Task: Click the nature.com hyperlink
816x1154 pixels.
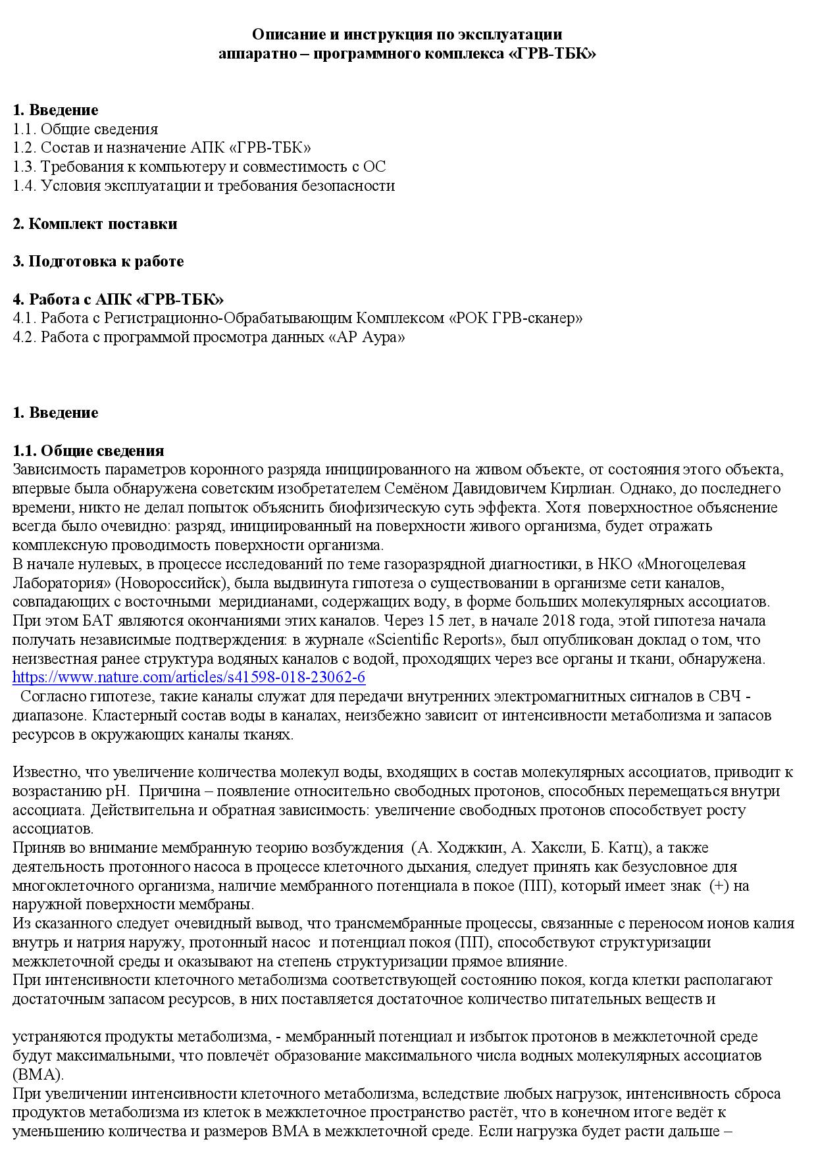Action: coord(189,677)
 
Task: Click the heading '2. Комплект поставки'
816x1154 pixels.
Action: coord(95,224)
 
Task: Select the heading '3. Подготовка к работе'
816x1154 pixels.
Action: coord(99,261)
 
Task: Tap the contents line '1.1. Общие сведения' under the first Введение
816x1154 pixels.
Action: coord(86,129)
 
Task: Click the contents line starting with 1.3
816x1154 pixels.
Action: coord(199,166)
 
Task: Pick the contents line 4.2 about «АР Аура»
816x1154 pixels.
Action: coord(209,338)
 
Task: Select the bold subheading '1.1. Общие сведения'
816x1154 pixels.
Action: coord(89,451)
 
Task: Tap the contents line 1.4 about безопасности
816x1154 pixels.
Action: coord(204,186)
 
